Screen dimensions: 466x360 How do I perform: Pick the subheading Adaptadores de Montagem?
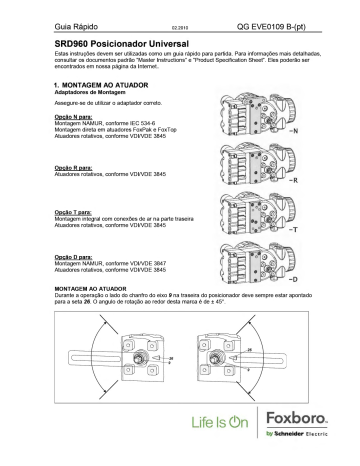tap(87, 95)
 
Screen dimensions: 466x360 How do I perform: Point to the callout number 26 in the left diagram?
tap(143, 353)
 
